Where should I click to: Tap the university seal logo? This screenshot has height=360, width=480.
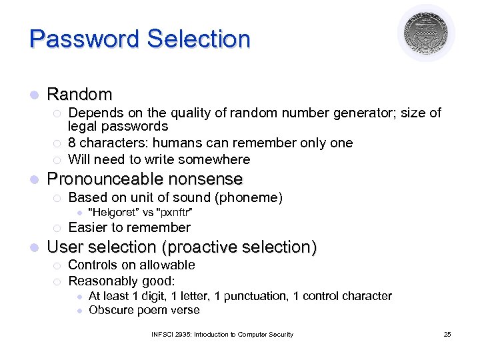click(x=427, y=33)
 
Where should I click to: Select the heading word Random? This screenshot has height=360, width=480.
click(x=79, y=95)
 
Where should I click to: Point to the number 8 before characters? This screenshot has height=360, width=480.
click(x=72, y=143)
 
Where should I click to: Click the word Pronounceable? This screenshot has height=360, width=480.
click(x=106, y=179)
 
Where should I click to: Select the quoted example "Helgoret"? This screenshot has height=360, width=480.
click(x=115, y=213)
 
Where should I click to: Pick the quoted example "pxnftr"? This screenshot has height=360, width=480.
click(x=174, y=213)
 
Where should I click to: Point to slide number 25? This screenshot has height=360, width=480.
click(x=447, y=334)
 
